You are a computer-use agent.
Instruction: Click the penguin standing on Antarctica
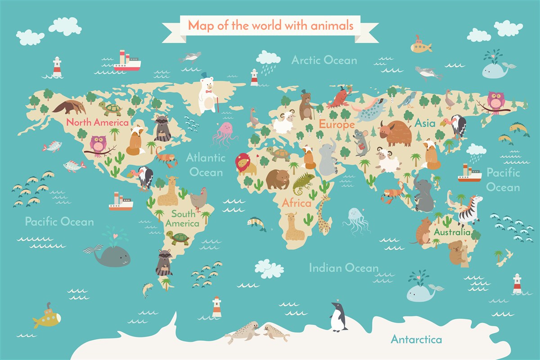click(x=338, y=317)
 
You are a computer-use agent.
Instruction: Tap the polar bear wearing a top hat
click(x=207, y=94)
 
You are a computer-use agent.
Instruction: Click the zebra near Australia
click(x=469, y=210)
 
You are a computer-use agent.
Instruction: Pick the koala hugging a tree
click(x=457, y=252)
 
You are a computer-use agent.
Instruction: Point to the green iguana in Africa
click(x=303, y=182)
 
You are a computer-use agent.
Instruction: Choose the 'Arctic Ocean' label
click(x=324, y=60)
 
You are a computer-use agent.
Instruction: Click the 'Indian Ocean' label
click(x=343, y=268)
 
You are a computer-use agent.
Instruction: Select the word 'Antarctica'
click(x=416, y=339)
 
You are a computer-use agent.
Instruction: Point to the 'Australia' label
click(x=452, y=232)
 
